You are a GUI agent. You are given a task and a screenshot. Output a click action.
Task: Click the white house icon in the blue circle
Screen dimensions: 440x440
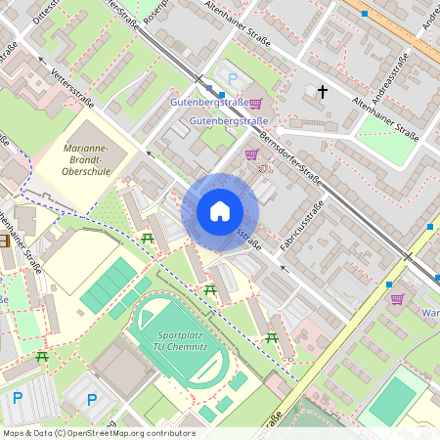[219, 211]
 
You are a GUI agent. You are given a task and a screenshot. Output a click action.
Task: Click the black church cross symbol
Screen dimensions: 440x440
[322, 92]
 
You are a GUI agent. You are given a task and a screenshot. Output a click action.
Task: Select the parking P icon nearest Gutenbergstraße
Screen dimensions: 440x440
[232, 78]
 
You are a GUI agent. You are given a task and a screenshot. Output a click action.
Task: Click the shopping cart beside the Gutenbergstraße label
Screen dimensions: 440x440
[255, 103]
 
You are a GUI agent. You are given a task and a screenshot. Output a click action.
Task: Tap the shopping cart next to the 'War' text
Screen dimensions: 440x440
[397, 299]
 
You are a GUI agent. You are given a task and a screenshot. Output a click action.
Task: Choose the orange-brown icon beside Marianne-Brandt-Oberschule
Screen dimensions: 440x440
[4, 241]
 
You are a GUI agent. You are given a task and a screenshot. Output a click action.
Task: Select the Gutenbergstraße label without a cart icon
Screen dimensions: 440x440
[229, 121]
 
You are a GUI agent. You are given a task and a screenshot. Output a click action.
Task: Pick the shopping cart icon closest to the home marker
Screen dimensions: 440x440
[251, 154]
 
